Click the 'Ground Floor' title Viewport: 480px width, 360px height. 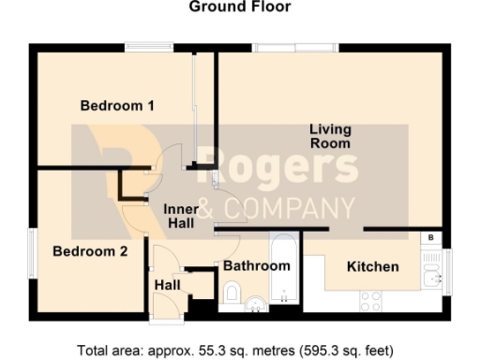coord(240,7)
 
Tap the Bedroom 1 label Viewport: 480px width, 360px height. coord(117,106)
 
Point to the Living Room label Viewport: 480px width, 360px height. coord(330,137)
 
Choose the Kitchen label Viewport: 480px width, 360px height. coord(372,267)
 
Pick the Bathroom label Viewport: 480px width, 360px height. coord(256,266)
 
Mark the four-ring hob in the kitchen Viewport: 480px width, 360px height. coord(371,301)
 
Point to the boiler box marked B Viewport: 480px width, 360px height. coord(430,239)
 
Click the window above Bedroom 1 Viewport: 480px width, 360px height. coord(149,47)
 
